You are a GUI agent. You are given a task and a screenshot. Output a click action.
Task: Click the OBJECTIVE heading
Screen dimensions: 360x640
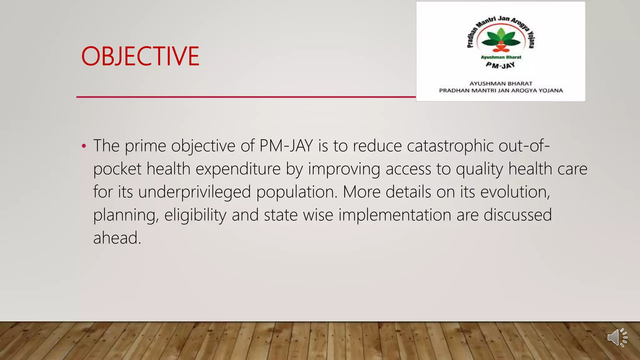click(x=140, y=56)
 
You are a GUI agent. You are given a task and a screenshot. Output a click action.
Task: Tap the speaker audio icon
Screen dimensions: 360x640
click(x=617, y=337)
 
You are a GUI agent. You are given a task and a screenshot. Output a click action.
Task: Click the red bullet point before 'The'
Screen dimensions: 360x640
click(x=83, y=146)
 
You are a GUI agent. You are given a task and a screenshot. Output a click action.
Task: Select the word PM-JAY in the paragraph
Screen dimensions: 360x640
click(x=286, y=146)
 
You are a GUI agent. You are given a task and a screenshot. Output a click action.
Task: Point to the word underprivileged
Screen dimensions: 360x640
click(x=194, y=192)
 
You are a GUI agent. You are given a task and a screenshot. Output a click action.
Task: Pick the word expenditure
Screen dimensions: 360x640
click(x=238, y=169)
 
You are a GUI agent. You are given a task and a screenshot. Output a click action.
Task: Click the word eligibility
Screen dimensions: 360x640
click(x=195, y=215)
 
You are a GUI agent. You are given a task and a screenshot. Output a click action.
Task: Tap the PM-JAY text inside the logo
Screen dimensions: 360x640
click(x=500, y=65)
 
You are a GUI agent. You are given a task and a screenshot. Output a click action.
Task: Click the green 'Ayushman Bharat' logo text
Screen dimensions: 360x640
click(x=501, y=57)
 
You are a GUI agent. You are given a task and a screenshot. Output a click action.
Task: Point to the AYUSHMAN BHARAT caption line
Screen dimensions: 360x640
click(x=501, y=83)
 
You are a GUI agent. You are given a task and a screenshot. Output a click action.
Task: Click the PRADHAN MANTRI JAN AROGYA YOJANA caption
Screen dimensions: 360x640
click(x=501, y=91)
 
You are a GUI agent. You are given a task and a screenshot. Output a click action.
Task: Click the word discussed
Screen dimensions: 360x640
click(x=517, y=215)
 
